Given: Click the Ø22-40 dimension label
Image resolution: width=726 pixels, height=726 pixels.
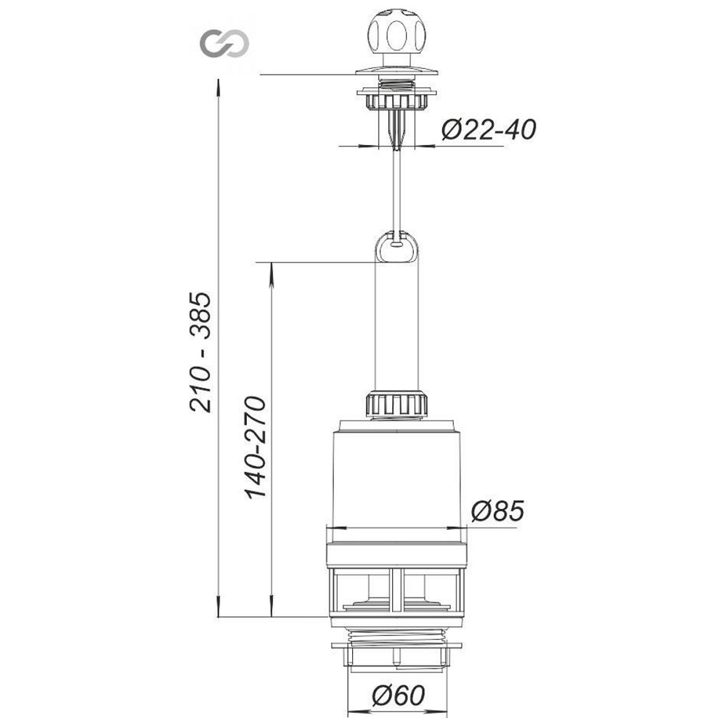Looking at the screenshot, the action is pos(489,130).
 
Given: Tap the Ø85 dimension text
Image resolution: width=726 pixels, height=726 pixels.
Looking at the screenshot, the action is pos(497,511).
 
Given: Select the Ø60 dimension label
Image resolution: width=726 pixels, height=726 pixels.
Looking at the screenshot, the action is pos(398,695).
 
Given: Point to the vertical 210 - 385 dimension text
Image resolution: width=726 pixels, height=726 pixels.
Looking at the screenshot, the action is pos(200,352).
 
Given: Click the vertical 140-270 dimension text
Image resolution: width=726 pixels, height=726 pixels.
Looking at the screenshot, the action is pos(256,447).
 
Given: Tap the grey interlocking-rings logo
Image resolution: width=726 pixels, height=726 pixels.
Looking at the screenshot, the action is pos(224,44).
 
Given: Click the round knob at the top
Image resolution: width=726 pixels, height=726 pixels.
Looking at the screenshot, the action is pos(396,35).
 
